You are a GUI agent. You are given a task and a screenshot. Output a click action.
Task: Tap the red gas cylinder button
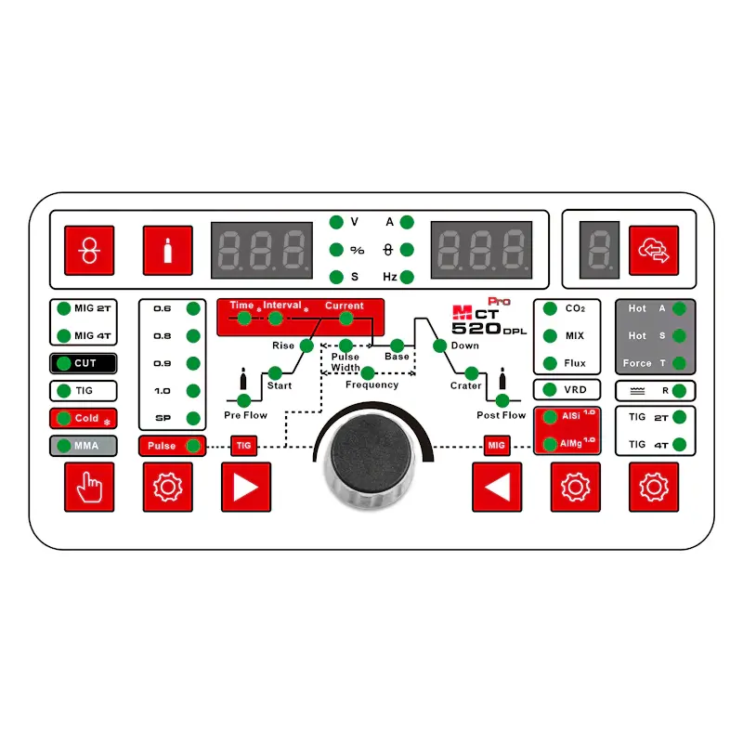point(168,250)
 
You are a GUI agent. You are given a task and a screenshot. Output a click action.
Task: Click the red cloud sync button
point(654,250)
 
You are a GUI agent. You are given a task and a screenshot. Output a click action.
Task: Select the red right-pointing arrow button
point(246,487)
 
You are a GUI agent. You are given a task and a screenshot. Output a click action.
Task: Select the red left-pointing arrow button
point(497,487)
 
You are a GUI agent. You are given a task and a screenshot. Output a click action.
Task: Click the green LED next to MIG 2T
point(63,308)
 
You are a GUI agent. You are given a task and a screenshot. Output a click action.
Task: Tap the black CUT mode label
point(84,363)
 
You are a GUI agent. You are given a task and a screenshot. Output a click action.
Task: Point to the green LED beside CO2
point(550,308)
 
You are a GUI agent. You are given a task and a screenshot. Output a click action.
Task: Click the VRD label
point(575,390)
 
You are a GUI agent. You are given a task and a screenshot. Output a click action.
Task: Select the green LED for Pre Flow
point(243,400)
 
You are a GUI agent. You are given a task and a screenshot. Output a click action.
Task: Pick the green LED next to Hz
point(407,277)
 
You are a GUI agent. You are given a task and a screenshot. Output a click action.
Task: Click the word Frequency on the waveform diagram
point(372,385)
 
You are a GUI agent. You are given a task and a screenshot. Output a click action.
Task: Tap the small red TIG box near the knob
point(244,446)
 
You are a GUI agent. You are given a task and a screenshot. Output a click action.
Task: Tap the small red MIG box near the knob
point(497,446)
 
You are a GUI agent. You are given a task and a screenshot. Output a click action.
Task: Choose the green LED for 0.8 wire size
point(193,336)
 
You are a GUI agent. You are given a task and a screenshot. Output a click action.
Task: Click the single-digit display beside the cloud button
point(599,250)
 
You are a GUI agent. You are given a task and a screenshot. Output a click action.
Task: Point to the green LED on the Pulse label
point(193,446)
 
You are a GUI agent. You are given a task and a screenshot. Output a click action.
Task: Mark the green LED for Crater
point(471,373)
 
